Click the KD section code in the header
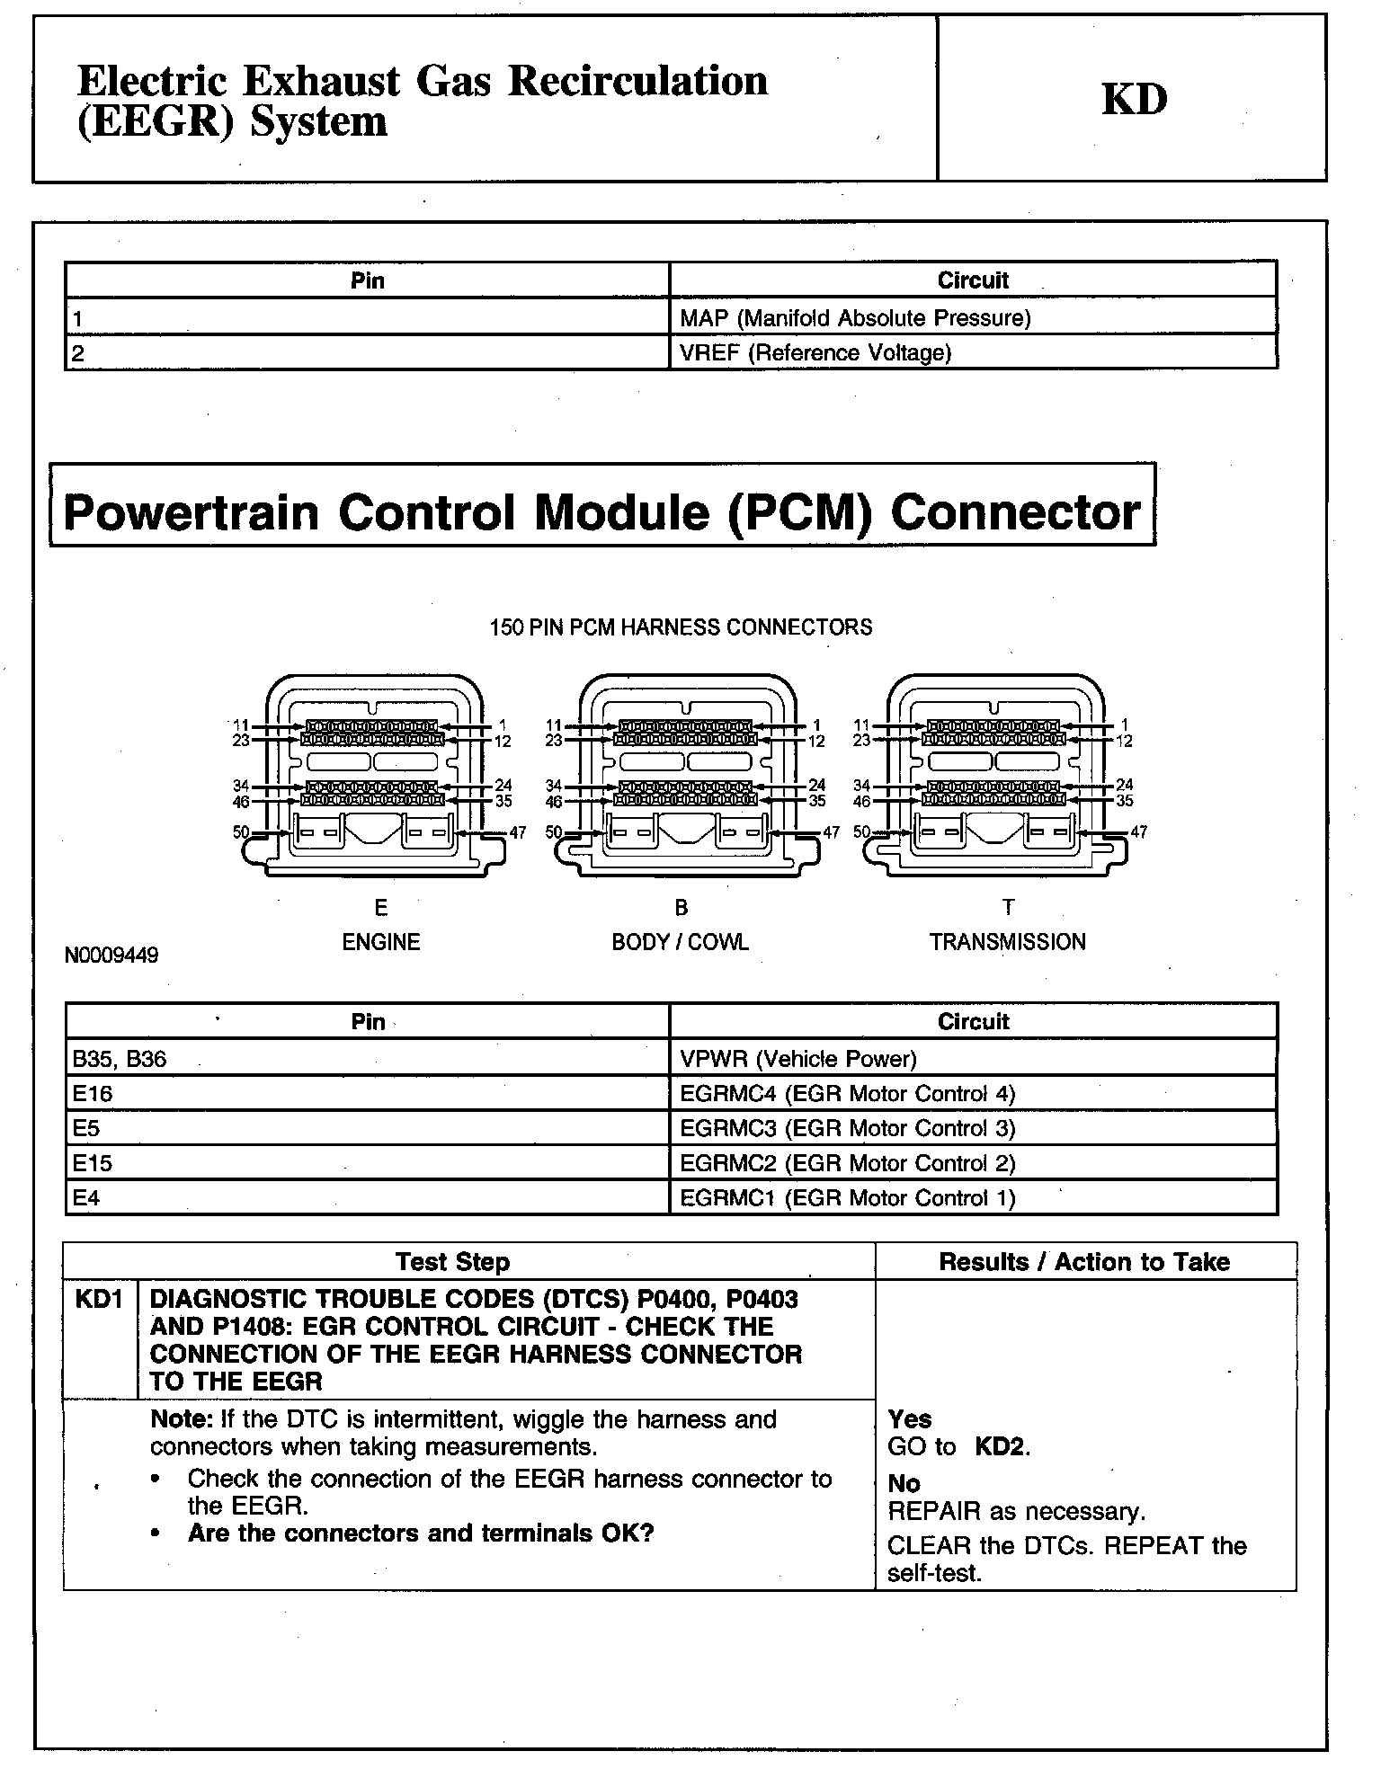click(x=1134, y=100)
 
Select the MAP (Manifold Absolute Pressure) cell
click(x=855, y=318)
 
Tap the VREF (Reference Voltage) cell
click(x=815, y=353)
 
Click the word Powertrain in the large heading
click(x=192, y=511)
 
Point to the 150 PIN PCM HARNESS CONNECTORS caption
click(x=681, y=627)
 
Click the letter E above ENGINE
click(x=381, y=907)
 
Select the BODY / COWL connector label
click(x=680, y=942)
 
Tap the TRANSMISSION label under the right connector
click(x=1007, y=942)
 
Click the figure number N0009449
click(x=111, y=955)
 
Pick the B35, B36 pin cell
click(x=120, y=1059)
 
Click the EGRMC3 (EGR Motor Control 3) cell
click(x=847, y=1128)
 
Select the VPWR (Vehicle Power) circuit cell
click(x=797, y=1059)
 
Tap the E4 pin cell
click(x=86, y=1198)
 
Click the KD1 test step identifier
click(x=99, y=1299)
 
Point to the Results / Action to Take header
click(x=1083, y=1262)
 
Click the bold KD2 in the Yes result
click(x=1001, y=1447)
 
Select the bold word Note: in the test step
click(x=183, y=1419)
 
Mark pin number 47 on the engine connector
click(x=518, y=832)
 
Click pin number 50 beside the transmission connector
click(x=861, y=831)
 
